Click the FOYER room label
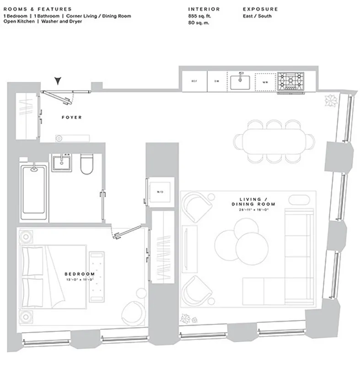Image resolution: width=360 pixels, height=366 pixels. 72,118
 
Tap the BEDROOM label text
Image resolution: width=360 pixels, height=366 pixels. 80,274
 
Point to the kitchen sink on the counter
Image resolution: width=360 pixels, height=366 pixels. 240,81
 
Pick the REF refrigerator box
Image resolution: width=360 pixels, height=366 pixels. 194,81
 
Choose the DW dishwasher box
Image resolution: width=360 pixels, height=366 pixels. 217,81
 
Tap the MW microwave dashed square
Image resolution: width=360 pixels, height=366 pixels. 264,81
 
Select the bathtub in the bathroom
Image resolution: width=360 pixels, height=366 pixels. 34,189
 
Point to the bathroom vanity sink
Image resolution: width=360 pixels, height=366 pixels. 60,163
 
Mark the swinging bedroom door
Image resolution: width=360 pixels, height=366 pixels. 127,232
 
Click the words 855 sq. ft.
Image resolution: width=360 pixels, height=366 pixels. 200,16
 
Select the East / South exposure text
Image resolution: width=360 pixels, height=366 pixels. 257,16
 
